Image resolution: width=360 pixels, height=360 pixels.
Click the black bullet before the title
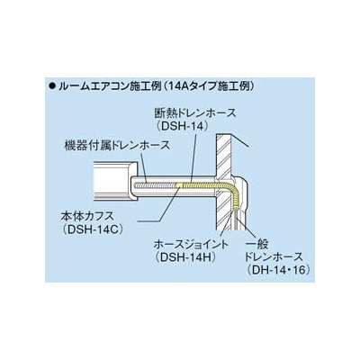tap(52, 86)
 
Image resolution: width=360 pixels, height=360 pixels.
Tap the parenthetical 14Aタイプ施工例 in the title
tap(208, 86)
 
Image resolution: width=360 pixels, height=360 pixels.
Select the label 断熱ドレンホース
tap(194, 113)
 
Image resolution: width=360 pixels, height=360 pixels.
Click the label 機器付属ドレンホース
tap(117, 146)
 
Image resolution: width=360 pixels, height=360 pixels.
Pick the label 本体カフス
tap(87, 216)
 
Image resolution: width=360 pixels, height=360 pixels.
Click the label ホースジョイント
tap(191, 245)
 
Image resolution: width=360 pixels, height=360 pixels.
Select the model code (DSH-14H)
tap(185, 257)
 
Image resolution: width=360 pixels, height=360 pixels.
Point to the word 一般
tap(256, 245)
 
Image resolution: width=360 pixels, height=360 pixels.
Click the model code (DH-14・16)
tap(276, 269)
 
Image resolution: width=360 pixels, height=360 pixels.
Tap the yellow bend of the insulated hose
tap(232, 188)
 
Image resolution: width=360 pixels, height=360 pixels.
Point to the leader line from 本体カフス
tap(157, 204)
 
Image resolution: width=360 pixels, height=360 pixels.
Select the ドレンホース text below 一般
tap(274, 257)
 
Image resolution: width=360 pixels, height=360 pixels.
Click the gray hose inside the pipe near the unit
tap(155, 185)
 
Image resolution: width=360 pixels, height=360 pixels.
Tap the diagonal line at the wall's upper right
tap(240, 140)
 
